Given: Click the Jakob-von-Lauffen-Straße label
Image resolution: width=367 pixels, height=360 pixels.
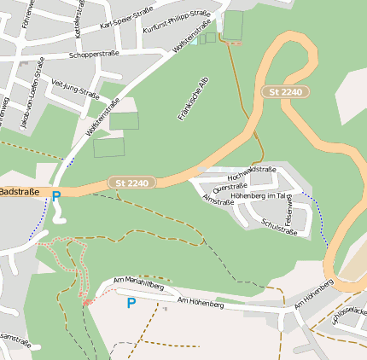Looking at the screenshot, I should point(31,92).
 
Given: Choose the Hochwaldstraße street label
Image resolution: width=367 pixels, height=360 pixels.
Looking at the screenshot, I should point(252,175).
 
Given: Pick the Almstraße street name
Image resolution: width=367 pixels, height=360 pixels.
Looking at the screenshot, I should point(218,199).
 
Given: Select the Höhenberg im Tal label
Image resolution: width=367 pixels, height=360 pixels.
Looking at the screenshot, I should point(262,196).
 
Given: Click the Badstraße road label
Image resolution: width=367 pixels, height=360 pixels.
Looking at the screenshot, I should point(20,192).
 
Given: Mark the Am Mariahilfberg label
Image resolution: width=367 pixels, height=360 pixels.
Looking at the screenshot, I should point(137,284).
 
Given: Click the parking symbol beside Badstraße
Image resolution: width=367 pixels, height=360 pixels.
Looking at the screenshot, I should point(56,196).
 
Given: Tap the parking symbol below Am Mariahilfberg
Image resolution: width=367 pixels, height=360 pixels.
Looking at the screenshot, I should point(131,303).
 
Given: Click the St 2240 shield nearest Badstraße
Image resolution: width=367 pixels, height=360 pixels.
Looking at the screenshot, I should point(132,183).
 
